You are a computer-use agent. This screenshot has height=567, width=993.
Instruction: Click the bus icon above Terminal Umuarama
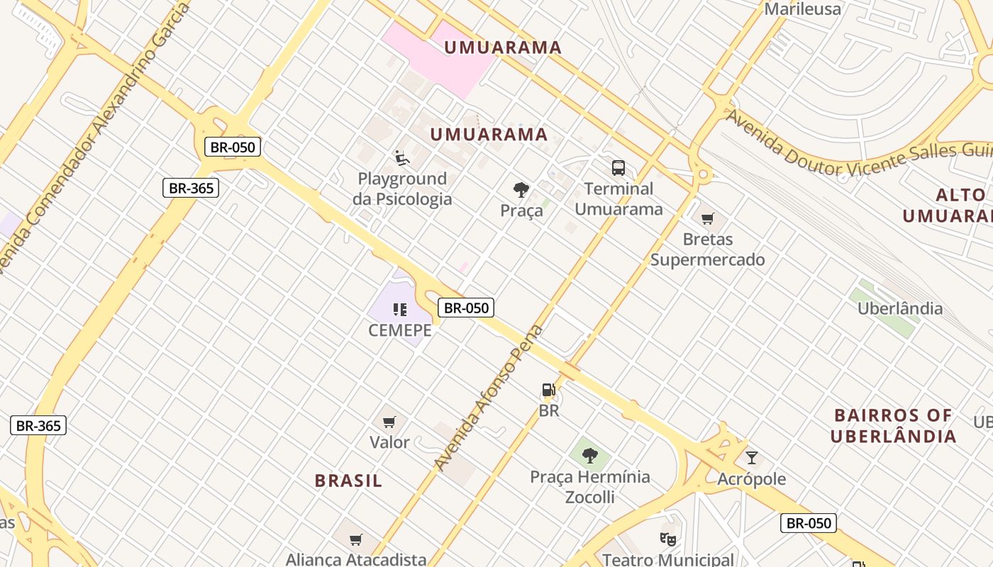click(618, 168)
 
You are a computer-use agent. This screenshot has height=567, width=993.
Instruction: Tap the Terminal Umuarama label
click(618, 199)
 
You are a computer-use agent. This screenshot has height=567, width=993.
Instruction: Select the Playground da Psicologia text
click(402, 189)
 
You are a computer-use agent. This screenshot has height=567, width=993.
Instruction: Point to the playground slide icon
click(402, 157)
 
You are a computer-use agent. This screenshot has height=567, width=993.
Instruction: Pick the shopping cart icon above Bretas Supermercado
click(707, 218)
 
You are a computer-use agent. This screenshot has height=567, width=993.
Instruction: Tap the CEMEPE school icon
click(400, 309)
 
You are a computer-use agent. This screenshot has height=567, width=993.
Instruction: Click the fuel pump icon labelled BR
click(548, 390)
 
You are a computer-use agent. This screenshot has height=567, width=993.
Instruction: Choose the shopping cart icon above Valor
click(389, 422)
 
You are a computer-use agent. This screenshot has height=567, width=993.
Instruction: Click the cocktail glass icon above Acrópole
click(752, 458)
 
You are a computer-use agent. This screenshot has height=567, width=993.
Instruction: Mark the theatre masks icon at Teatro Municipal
click(667, 539)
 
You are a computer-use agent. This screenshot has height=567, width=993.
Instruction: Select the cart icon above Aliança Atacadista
click(356, 540)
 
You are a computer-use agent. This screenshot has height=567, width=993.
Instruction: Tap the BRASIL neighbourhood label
click(348, 481)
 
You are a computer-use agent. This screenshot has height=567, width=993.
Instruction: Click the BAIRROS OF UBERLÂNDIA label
click(893, 425)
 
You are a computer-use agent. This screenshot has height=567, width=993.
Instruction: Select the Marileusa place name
click(802, 9)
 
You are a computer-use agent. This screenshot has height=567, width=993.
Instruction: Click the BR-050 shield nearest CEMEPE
click(465, 308)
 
